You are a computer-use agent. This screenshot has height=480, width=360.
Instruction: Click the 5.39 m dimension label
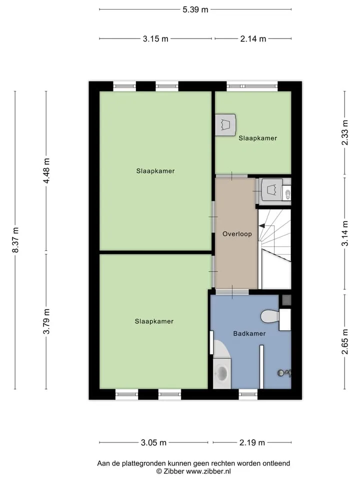195,9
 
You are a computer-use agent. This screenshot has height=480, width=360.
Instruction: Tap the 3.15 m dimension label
155,39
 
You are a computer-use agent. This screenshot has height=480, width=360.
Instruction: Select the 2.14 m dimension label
253,39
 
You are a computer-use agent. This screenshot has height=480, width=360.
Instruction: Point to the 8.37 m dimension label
15,240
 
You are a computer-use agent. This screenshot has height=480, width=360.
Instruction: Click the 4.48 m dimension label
46,171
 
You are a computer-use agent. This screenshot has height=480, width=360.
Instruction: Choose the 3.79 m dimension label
46,321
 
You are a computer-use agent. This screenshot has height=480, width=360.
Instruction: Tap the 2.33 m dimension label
345,132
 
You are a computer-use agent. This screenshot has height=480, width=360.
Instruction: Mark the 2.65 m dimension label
345,341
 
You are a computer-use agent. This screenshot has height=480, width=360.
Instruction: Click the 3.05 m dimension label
153,442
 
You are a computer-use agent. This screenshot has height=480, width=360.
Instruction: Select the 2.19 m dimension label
252,442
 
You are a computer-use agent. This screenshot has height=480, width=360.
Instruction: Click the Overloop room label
237,234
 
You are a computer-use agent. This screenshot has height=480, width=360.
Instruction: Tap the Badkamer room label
249,333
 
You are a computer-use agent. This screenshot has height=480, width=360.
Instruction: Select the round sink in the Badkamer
221,372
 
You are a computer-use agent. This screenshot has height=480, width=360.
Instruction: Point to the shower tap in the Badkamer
284,373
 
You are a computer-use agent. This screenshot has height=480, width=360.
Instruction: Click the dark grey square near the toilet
286,300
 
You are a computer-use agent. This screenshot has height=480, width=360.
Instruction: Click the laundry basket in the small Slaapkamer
225,125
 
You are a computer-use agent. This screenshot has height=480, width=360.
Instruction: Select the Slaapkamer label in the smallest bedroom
258,138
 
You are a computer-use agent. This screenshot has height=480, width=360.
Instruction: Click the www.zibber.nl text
208,471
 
